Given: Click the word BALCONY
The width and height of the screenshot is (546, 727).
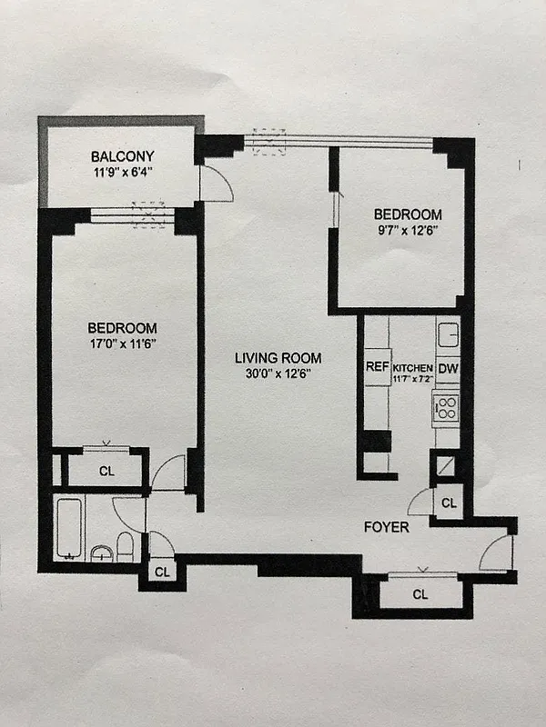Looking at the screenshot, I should coord(122,155).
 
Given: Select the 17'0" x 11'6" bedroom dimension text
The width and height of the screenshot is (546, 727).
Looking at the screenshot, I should coord(122,343).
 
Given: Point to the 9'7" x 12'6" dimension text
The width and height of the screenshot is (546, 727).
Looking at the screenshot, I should coord(407,229).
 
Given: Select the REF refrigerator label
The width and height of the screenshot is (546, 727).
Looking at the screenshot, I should coord(377,367).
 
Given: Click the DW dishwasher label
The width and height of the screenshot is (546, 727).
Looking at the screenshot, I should coord(448,368).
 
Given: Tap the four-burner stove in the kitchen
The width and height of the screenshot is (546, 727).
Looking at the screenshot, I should coord(446,406).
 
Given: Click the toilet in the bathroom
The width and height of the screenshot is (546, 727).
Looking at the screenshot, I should coord(126,545).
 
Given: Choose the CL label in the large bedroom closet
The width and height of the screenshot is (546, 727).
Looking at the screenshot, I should coord(106,471).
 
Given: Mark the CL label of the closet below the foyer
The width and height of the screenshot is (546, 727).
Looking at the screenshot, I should coord(420,594).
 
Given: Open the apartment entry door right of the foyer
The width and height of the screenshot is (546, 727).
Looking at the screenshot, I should coord(497,553).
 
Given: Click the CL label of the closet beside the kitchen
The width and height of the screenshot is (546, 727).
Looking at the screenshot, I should coord(448,503).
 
